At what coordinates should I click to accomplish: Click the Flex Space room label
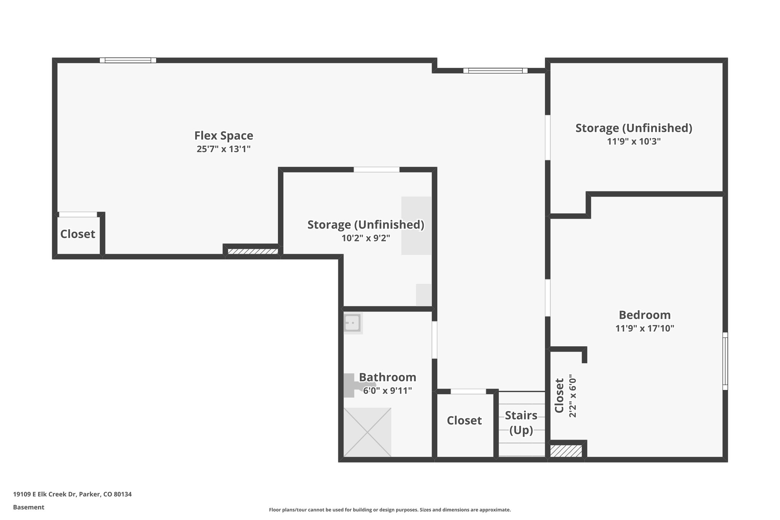(224, 136)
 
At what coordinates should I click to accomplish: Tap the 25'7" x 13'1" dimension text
(224, 149)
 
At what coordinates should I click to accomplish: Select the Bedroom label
(644, 315)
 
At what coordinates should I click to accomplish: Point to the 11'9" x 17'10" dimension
(644, 328)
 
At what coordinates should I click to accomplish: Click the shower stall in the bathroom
(367, 432)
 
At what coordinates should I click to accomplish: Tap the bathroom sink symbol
(353, 323)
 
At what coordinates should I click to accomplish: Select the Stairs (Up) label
(521, 422)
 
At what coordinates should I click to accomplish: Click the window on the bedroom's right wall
(725, 361)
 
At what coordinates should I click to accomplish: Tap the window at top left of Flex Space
(128, 60)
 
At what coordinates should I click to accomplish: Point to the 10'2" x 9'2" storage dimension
(366, 238)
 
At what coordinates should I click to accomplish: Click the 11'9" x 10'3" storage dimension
(633, 141)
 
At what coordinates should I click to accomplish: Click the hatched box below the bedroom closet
(566, 451)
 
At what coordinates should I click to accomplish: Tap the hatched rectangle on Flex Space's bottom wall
(253, 251)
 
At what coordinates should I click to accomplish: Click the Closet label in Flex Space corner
(78, 234)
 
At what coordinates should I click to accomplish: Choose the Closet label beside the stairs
(464, 421)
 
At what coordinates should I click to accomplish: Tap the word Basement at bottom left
(29, 507)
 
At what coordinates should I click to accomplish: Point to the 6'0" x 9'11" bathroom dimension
(387, 391)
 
